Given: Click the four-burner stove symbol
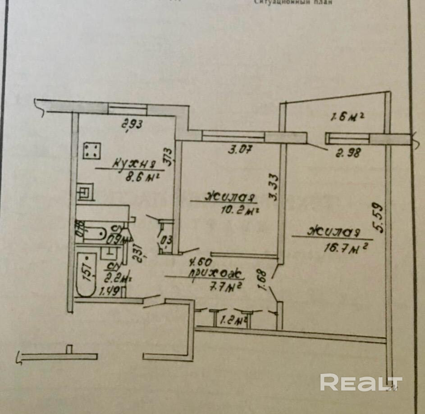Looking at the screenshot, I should click(x=92, y=150).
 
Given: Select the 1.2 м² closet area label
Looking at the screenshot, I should click(x=234, y=321).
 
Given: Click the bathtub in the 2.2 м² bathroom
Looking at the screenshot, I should click(x=87, y=274).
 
